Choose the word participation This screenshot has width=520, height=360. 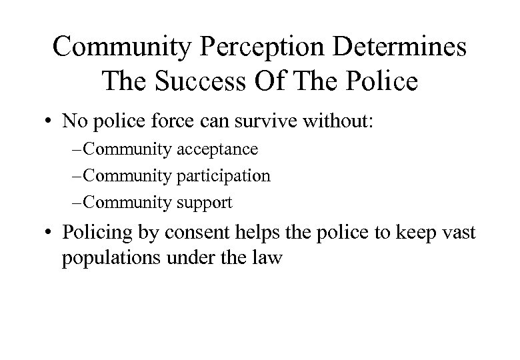tap(224, 176)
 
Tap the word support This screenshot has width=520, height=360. tap(205, 202)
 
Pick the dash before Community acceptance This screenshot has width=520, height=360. tap(81, 150)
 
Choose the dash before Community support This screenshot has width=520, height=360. tap(81, 202)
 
